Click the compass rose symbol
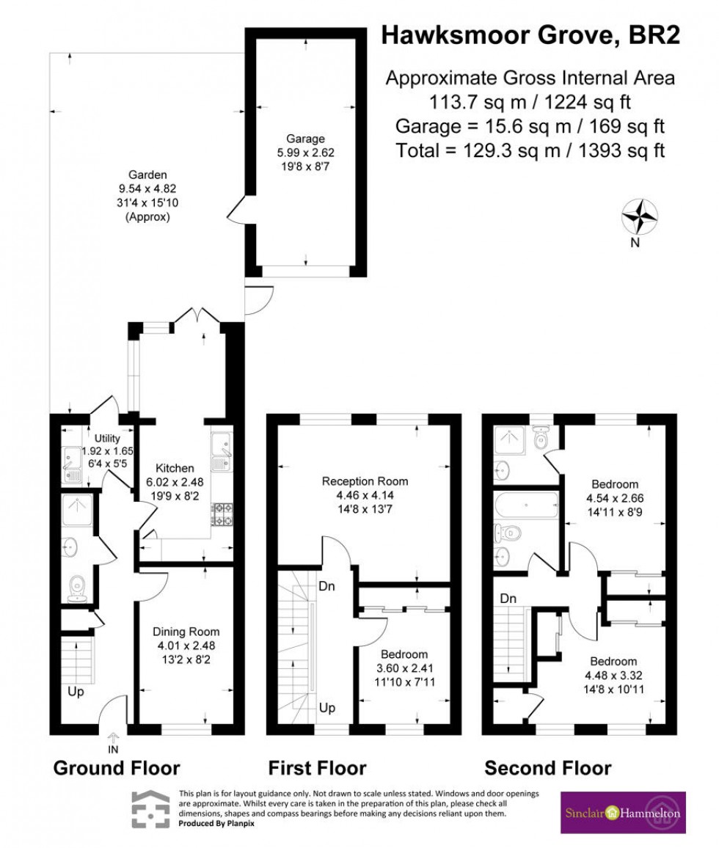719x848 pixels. coord(639,217)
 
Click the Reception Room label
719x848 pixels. coord(365,494)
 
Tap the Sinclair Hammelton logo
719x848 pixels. coord(623,812)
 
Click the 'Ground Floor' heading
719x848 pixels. coord(116,768)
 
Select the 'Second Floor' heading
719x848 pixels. coord(547,768)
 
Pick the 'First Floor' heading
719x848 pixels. coord(317,768)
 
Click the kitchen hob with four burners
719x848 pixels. coord(221,513)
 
